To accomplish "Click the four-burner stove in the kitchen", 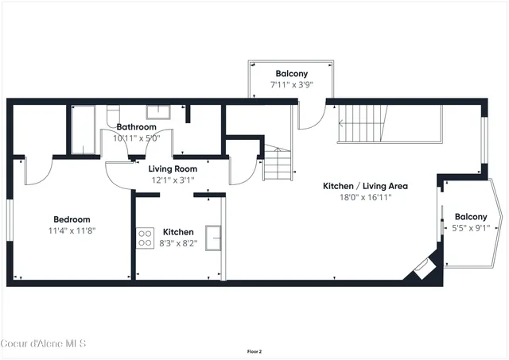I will pyautogui.click(x=146, y=238).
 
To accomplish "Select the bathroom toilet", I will pyautogui.click(x=114, y=112).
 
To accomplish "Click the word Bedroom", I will pyautogui.click(x=72, y=219).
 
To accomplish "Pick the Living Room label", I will pyautogui.click(x=173, y=168).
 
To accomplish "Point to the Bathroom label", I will pyautogui.click(x=137, y=126).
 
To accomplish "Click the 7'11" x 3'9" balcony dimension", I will pyautogui.click(x=292, y=84).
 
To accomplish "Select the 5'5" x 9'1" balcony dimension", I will pyautogui.click(x=471, y=228).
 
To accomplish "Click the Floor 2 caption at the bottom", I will pyautogui.click(x=254, y=350).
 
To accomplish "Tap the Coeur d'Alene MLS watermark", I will pyautogui.click(x=43, y=343).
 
